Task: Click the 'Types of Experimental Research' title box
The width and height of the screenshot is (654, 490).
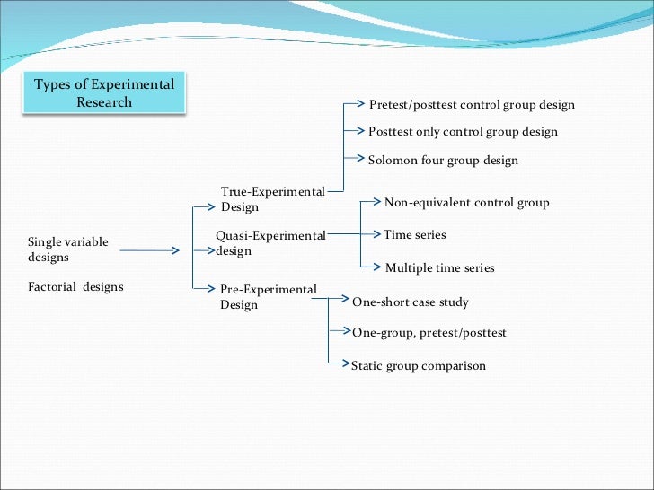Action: (104, 93)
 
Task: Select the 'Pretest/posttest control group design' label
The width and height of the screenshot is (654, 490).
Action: (472, 105)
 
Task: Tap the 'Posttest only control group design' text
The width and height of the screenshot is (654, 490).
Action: (463, 132)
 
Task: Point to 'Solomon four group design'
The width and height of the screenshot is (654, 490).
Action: (443, 161)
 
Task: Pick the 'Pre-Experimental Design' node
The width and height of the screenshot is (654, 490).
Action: (268, 297)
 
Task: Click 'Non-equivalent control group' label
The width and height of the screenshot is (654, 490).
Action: (466, 203)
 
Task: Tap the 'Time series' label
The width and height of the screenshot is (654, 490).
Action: (414, 235)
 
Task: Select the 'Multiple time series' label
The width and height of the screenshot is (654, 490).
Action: (439, 268)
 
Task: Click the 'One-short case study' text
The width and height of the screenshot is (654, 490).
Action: (410, 302)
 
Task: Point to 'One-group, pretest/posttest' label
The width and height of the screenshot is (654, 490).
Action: (429, 333)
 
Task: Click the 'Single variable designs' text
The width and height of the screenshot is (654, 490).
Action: (68, 249)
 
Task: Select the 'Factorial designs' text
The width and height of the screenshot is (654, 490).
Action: (75, 287)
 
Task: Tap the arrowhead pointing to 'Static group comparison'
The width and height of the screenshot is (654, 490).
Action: (345, 363)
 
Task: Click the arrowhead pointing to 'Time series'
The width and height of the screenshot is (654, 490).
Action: (378, 234)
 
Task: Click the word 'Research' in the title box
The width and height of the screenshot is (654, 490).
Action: (104, 102)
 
